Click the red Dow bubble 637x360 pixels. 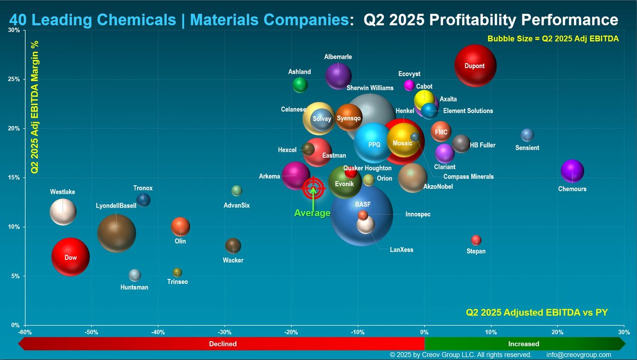pyautogui.click(x=71, y=257)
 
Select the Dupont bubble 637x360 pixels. pyautogui.click(x=475, y=66)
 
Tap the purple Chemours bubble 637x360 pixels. pyautogui.click(x=572, y=171)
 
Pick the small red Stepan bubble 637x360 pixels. pyautogui.click(x=476, y=240)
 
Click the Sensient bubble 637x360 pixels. pyautogui.click(x=527, y=135)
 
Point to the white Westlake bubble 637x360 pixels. pyautogui.click(x=63, y=212)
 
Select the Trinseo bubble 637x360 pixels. pyautogui.click(x=177, y=272)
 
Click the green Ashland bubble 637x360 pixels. pyautogui.click(x=300, y=85)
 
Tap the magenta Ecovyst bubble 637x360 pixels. pyautogui.click(x=409, y=85)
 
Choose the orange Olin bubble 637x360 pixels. pyautogui.click(x=180, y=227)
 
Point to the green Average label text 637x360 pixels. pyautogui.click(x=312, y=213)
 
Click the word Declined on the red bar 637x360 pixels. pyautogui.click(x=222, y=344)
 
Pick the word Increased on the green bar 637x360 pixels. pyautogui.click(x=524, y=344)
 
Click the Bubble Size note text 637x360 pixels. pyautogui.click(x=553, y=39)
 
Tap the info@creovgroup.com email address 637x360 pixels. pyautogui.click(x=578, y=355)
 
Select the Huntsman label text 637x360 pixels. pyautogui.click(x=134, y=287)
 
